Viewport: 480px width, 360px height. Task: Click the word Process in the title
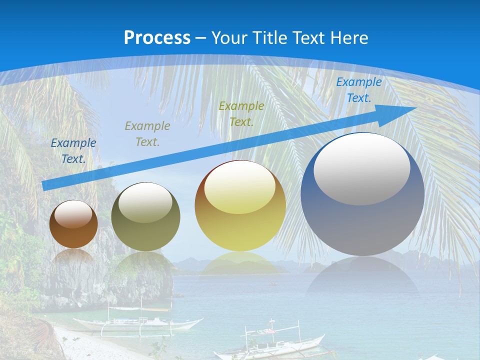tap(157, 37)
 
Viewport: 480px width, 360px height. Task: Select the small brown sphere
tap(73, 224)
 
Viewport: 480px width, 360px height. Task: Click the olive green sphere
tap(145, 217)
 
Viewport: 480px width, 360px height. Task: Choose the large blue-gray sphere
tap(362, 195)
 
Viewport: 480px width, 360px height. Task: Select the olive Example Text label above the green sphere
tap(147, 133)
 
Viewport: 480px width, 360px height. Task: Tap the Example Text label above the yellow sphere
tap(241, 113)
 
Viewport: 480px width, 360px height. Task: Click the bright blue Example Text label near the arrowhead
tap(358, 90)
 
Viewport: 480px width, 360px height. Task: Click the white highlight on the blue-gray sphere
tap(361, 168)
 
